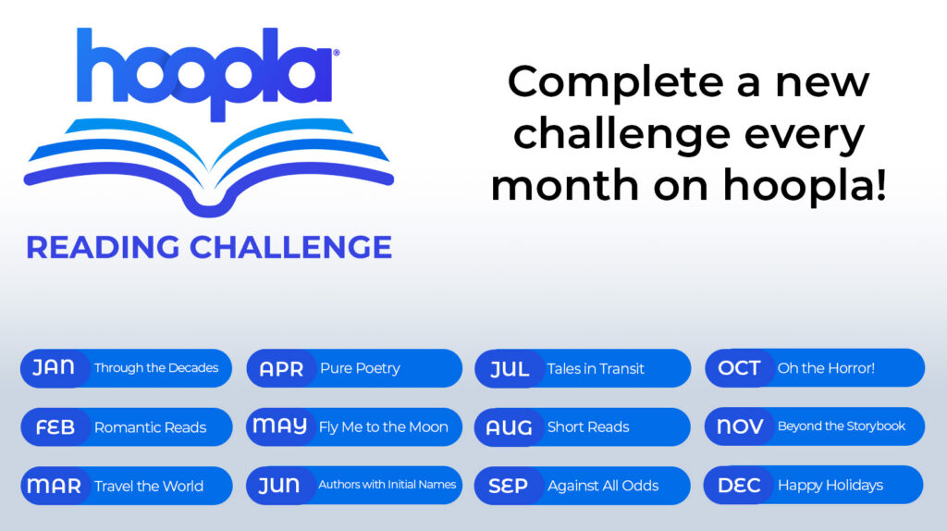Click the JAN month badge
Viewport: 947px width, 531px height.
tap(54, 367)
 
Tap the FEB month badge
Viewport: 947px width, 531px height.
tap(55, 427)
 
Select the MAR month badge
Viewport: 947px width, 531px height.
tap(54, 486)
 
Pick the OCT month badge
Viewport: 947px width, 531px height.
tap(739, 368)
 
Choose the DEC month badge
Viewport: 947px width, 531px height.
tap(739, 485)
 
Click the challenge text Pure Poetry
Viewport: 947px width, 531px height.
tap(360, 368)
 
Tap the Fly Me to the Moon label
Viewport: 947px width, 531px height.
tap(383, 426)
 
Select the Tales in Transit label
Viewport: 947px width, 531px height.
tap(596, 368)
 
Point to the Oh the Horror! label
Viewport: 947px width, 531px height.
tap(826, 368)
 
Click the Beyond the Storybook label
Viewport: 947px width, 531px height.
tap(842, 426)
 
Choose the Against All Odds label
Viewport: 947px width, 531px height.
tap(602, 486)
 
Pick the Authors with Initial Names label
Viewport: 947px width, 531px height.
tap(387, 485)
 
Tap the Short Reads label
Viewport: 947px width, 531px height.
tap(588, 427)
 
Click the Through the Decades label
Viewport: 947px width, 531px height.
tap(156, 367)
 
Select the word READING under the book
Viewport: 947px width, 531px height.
tap(102, 247)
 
